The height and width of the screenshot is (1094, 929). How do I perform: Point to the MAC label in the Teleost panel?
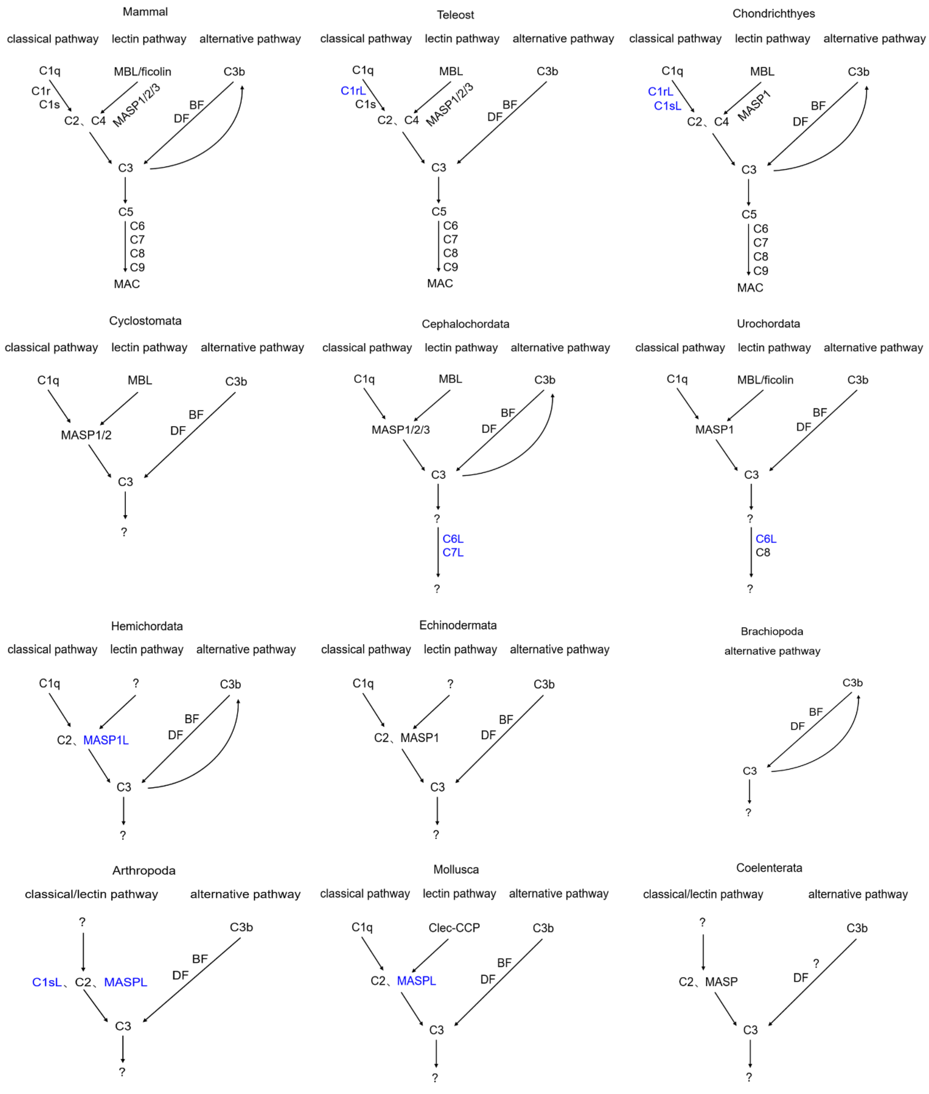click(x=440, y=283)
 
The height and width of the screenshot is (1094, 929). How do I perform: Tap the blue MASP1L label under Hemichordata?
click(x=106, y=740)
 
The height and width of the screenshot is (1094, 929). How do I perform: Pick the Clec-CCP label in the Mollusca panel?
click(x=454, y=928)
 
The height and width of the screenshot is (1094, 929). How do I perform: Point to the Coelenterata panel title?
click(x=769, y=867)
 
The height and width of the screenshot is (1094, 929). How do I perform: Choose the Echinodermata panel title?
click(x=458, y=625)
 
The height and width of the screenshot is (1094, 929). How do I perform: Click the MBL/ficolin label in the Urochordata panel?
click(x=765, y=380)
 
